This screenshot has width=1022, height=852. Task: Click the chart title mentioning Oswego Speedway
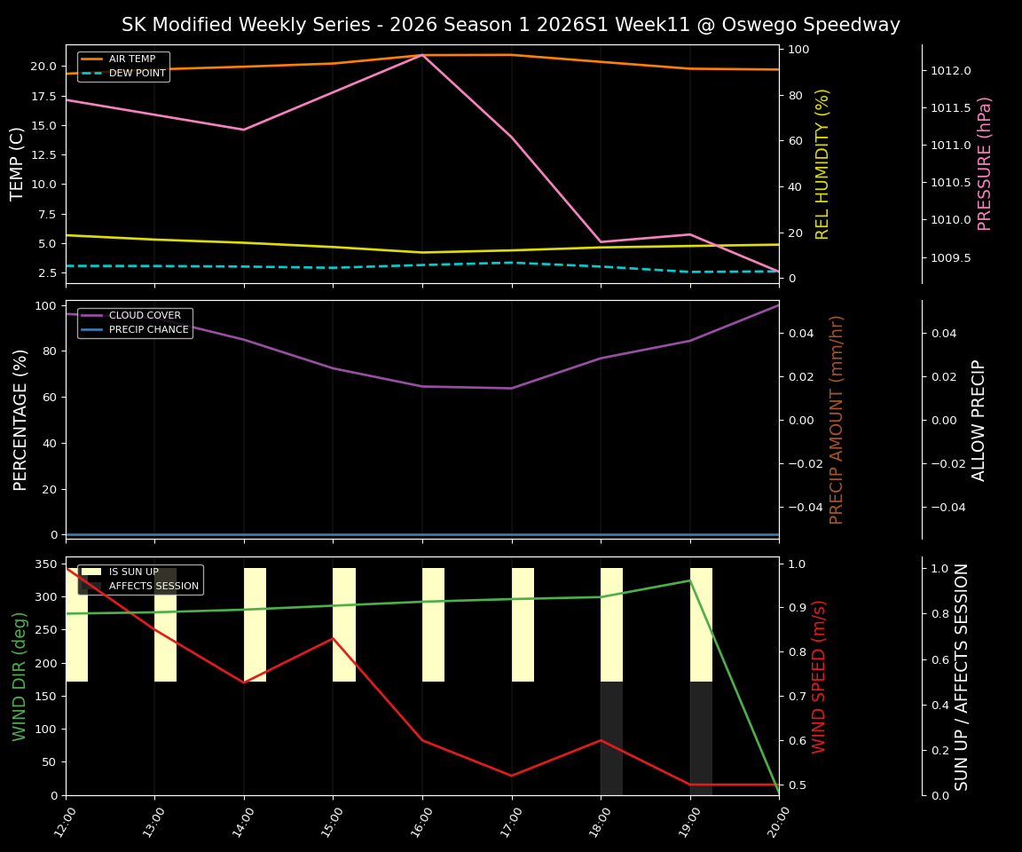point(510,25)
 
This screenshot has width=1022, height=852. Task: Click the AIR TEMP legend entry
point(131,59)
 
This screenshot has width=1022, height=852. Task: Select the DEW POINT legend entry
point(137,74)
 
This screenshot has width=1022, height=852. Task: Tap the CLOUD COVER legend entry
point(145,316)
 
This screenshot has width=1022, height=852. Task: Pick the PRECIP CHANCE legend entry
point(148,330)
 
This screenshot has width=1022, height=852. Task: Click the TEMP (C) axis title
point(19,164)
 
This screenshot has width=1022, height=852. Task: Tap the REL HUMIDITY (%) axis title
point(822,164)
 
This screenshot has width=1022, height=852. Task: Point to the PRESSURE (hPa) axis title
point(985,164)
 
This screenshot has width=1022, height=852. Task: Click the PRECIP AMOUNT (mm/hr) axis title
point(837,420)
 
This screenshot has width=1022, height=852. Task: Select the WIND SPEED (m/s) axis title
point(819,676)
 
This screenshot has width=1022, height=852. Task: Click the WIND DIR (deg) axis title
point(20,676)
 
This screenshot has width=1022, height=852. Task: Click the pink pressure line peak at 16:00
point(422,55)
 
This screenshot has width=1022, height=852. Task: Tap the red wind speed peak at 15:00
point(333,638)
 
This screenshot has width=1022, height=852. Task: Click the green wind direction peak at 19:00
point(690,580)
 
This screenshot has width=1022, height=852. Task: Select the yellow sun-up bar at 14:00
point(255,625)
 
